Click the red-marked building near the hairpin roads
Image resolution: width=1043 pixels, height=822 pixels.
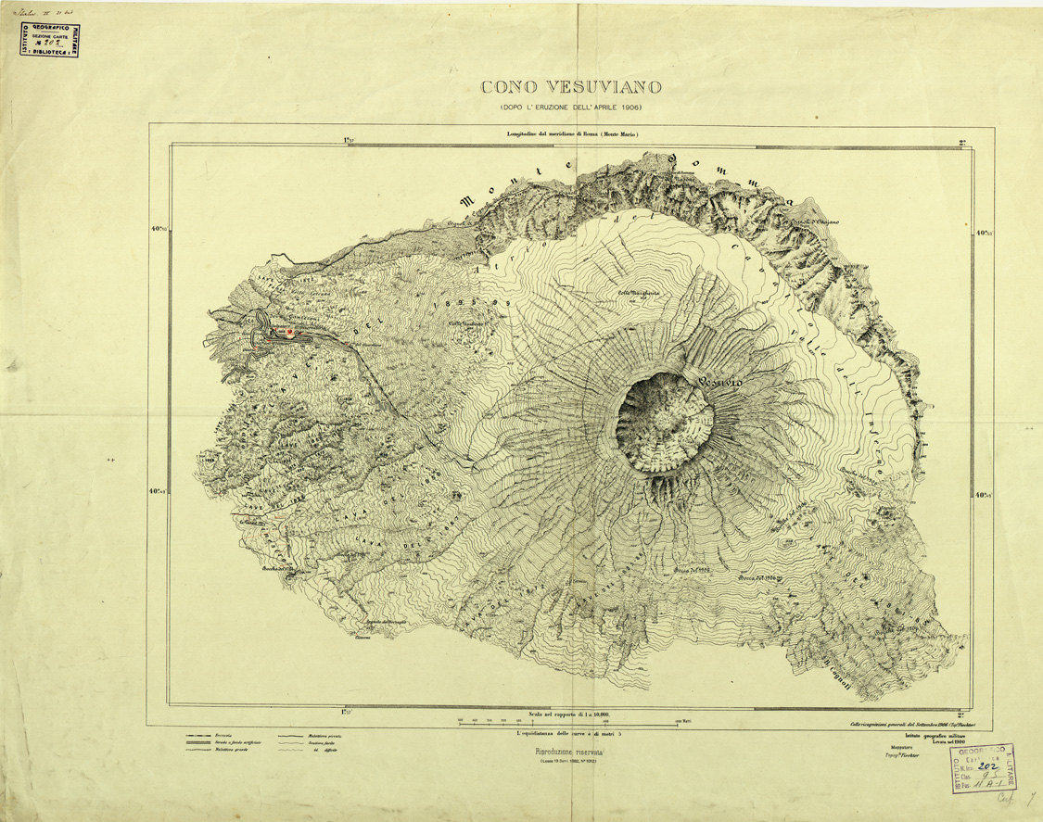[290, 332]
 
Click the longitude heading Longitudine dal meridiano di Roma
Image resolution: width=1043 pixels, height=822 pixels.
[573, 134]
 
